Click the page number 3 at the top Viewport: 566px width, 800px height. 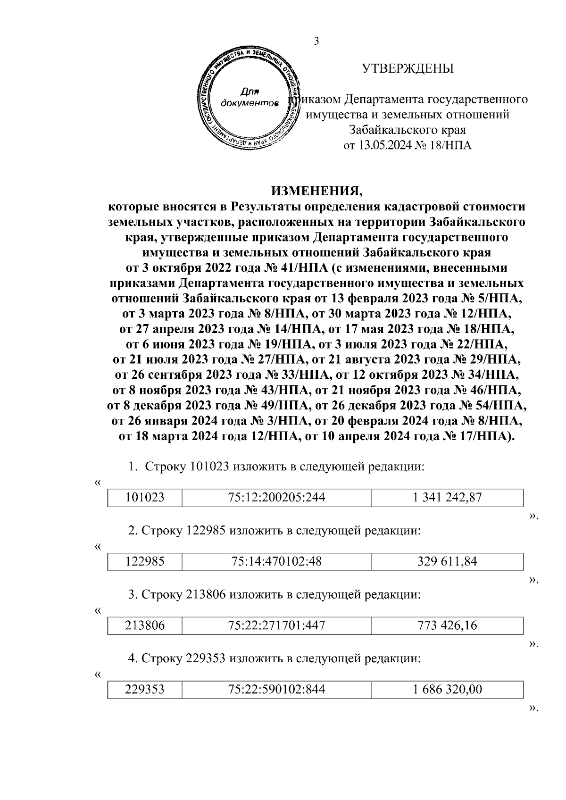[317, 42]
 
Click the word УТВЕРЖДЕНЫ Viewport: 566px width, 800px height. [408, 69]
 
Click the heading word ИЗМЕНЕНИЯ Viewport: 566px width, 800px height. [317, 192]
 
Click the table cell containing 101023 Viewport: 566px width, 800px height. [145, 497]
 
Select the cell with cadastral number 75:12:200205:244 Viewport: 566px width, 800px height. [276, 497]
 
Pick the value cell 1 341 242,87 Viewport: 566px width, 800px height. [447, 497]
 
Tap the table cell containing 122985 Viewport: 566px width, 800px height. [145, 561]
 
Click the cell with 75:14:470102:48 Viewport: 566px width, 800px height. [276, 561]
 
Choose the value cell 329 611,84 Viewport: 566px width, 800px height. [447, 561]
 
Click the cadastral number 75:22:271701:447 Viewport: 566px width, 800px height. [276, 625]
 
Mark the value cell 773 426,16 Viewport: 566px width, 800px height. [447, 625]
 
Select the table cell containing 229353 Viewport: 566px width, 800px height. [145, 690]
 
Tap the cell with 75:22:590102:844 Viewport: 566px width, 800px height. [276, 690]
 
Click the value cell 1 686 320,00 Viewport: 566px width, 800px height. [447, 690]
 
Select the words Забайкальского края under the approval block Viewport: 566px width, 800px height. [408, 130]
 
